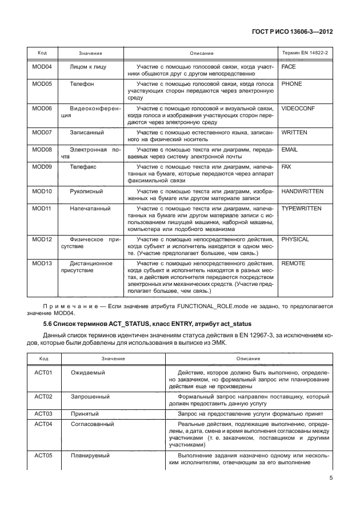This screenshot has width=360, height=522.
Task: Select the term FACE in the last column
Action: pyautogui.click(x=289, y=67)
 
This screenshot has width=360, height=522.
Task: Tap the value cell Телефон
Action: pyautogui.click(x=82, y=84)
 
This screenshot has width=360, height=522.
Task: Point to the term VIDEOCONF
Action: pyautogui.click(x=298, y=108)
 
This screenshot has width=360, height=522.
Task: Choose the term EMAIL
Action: pyautogui.click(x=291, y=150)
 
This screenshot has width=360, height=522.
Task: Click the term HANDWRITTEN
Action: pyautogui.click(x=303, y=191)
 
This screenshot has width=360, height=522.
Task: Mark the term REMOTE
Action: pyautogui.click(x=294, y=264)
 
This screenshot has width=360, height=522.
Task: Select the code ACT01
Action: pyautogui.click(x=43, y=373)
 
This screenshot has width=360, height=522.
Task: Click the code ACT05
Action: pyautogui.click(x=43, y=456)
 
